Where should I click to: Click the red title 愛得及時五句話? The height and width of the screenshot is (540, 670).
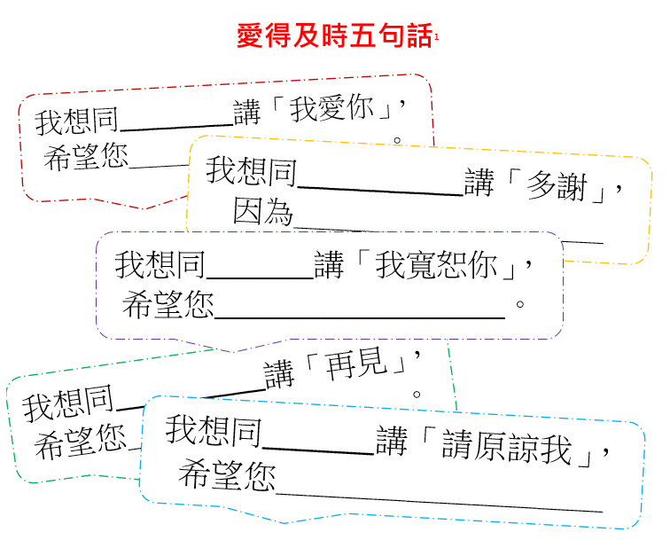pos(335,36)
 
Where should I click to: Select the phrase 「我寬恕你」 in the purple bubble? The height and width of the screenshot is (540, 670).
pos(448,264)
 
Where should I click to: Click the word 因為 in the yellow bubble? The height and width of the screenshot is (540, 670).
pos(262,212)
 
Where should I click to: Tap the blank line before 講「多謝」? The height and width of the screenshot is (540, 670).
pos(382,192)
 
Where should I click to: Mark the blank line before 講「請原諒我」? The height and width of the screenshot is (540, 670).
pos(319,452)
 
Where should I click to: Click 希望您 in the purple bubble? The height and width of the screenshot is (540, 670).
pos(168,307)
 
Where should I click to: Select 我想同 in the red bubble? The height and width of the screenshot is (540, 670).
pos(76,121)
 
